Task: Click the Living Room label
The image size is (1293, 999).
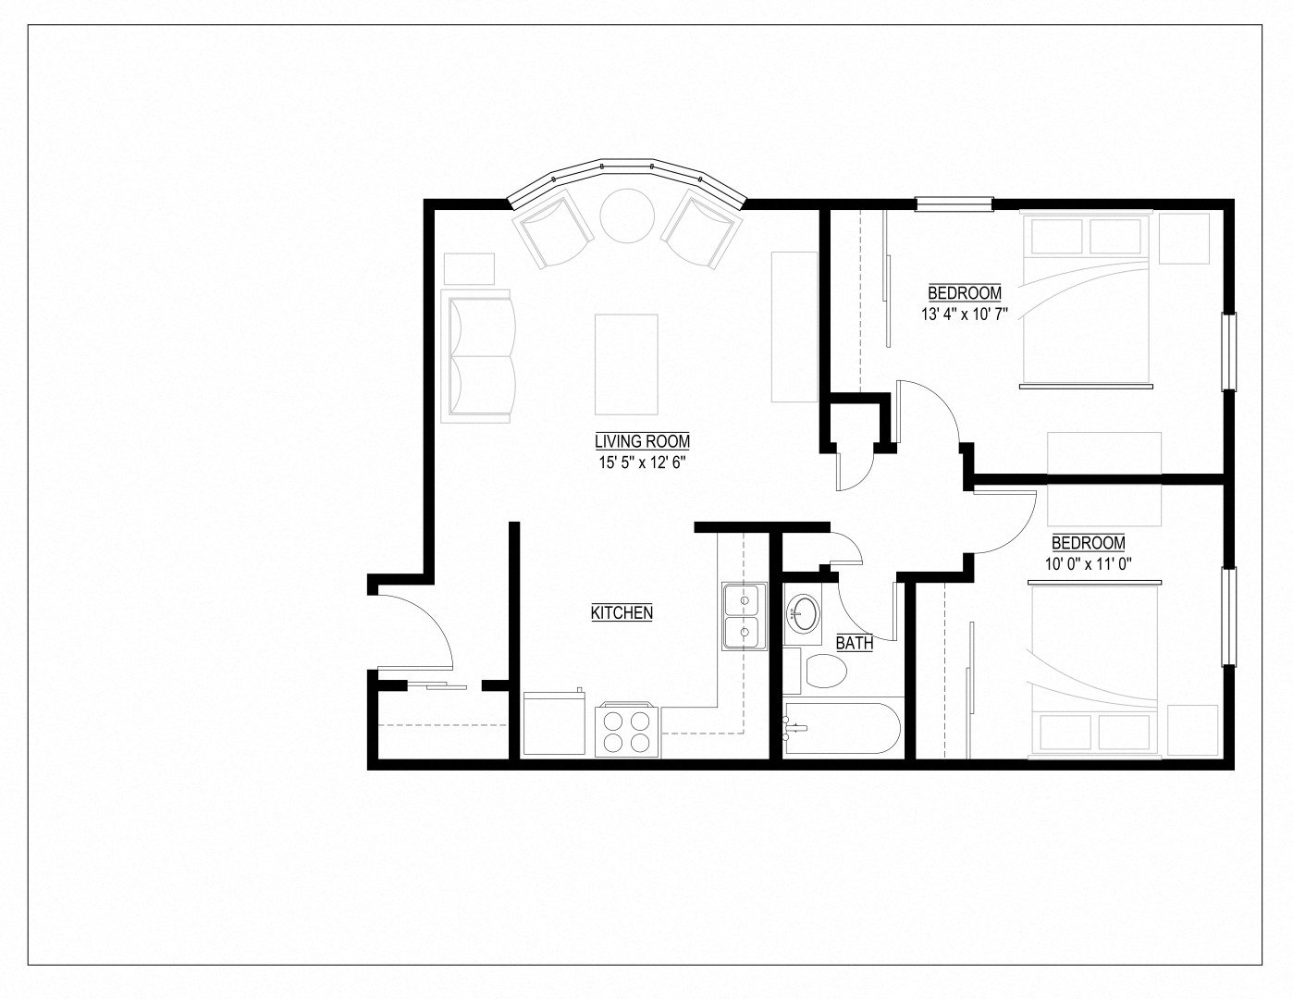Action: (x=642, y=441)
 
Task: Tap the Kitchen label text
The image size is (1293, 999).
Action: (x=622, y=612)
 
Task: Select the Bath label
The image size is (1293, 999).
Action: (x=855, y=643)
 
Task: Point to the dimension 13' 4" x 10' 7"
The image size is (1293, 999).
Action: (x=964, y=314)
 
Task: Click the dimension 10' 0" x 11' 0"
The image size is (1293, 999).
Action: (x=1089, y=563)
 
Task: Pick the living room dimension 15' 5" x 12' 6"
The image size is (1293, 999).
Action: (x=642, y=462)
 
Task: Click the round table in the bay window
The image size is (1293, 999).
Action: (x=627, y=216)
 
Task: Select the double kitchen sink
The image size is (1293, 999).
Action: (x=744, y=616)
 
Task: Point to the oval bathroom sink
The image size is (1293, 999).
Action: (x=803, y=611)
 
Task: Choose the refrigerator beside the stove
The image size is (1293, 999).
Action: (x=554, y=723)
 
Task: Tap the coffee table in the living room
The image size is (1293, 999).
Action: (x=626, y=364)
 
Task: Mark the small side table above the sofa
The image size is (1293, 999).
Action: (x=470, y=269)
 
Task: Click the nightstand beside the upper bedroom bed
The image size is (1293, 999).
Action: (x=1184, y=239)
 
